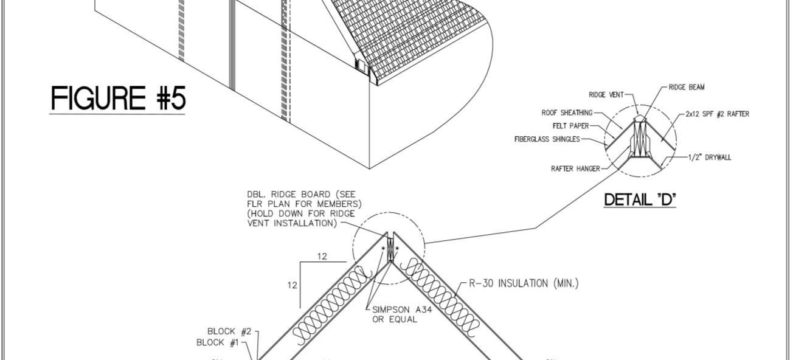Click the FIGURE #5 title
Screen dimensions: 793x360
pyautogui.click(x=117, y=99)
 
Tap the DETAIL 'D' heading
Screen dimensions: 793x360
pyautogui.click(x=640, y=200)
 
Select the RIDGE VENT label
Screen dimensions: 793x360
pyautogui.click(x=606, y=95)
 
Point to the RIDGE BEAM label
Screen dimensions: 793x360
pyautogui.click(x=687, y=88)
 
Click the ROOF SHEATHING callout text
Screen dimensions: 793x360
pyautogui.click(x=567, y=113)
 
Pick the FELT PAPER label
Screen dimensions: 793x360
pyautogui.click(x=570, y=126)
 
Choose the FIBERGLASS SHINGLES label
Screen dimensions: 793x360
pyautogui.click(x=547, y=139)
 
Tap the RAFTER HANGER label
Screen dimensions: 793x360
pyautogui.click(x=575, y=168)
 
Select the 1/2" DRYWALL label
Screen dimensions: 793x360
pyautogui.click(x=710, y=157)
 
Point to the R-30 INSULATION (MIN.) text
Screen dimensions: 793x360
pyautogui.click(x=524, y=283)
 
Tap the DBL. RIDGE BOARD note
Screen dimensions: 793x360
pyautogui.click(x=304, y=209)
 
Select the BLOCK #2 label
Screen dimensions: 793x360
pyautogui.click(x=229, y=331)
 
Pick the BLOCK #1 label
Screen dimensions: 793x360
pyautogui.click(x=218, y=343)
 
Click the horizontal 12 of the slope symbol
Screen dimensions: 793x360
pyautogui.click(x=322, y=257)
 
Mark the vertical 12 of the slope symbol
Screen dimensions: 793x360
pyautogui.click(x=292, y=285)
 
